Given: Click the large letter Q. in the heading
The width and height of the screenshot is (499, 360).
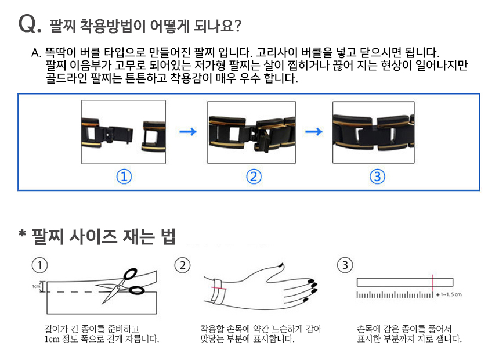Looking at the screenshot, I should [30, 24].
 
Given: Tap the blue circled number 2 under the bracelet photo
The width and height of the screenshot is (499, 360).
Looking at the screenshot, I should [252, 177].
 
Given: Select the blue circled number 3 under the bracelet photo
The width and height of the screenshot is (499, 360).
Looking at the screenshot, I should [377, 177].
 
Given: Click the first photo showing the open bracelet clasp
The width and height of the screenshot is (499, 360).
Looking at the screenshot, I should [123, 131].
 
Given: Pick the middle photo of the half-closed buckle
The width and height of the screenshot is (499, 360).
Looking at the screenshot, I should [251, 132].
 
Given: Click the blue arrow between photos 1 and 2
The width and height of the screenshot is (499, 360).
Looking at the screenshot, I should [187, 132].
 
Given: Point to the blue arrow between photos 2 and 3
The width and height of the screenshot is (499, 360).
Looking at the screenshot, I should [314, 132].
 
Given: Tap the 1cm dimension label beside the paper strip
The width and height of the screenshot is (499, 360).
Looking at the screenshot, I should [35, 286].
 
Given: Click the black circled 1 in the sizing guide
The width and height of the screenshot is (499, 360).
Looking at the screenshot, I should [39, 265].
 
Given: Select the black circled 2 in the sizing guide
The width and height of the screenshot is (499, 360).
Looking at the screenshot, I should [182, 265].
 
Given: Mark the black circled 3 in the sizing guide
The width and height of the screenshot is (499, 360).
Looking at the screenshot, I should [345, 265].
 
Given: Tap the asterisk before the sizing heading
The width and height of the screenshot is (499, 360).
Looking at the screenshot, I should [23, 235].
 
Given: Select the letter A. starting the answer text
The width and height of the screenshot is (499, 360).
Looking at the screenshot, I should [37, 52].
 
